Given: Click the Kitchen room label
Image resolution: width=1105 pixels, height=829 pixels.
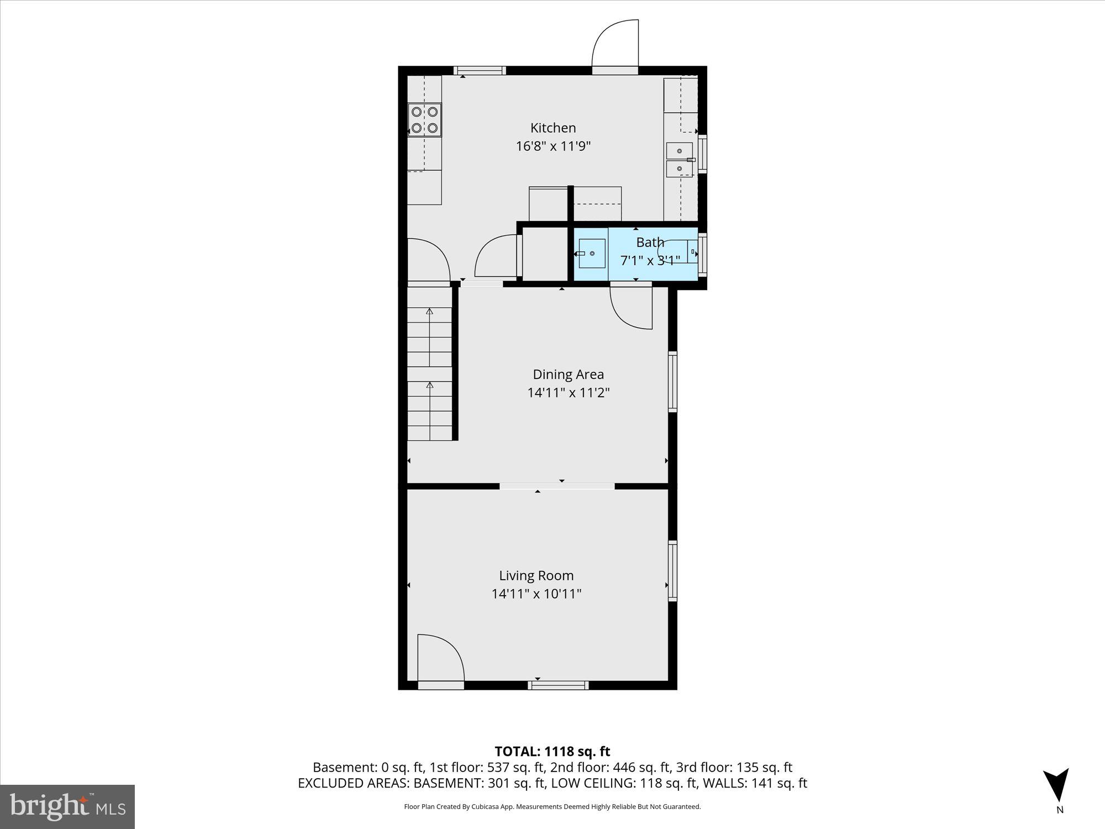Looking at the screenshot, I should (x=552, y=128).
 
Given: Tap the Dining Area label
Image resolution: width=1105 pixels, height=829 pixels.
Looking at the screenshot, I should (x=568, y=374).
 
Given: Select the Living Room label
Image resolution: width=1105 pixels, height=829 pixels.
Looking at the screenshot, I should (x=536, y=575).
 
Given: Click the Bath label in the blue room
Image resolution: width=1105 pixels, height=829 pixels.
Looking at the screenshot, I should (x=650, y=242).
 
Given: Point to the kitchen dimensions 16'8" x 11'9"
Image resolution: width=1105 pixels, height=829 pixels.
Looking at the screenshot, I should (x=552, y=146).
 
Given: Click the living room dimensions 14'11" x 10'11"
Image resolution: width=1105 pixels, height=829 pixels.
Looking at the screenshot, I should (x=536, y=594).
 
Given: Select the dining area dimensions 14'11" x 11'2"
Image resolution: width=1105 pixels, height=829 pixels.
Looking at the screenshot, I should (x=568, y=393).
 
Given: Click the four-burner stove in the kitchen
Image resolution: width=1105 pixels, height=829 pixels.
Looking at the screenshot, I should (x=424, y=120).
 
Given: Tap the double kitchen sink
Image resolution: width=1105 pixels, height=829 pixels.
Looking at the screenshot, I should (x=679, y=159).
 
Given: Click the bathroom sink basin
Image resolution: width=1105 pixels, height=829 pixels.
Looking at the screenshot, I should (x=592, y=254).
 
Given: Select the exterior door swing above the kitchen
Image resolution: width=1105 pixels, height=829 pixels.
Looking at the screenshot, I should (x=615, y=44).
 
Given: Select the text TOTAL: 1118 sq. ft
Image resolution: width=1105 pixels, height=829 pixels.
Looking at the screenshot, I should (x=552, y=752).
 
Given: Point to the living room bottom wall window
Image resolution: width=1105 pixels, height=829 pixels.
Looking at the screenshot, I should (x=558, y=685).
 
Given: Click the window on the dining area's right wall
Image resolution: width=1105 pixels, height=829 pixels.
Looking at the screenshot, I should (x=672, y=381).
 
